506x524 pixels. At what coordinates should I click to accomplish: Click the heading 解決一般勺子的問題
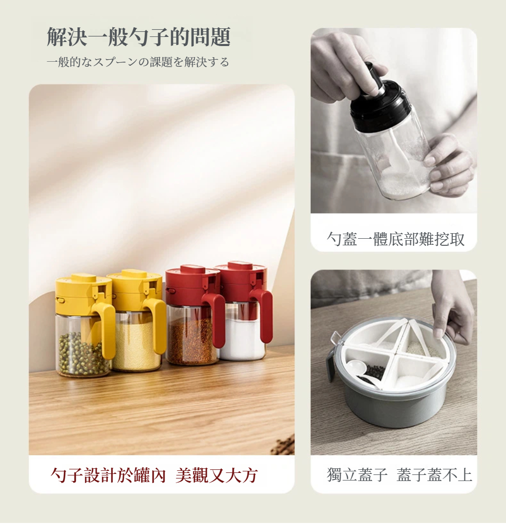click(x=139, y=37)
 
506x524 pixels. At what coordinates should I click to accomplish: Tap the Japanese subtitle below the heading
click(x=138, y=62)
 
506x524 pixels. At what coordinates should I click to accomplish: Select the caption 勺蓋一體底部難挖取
click(x=395, y=239)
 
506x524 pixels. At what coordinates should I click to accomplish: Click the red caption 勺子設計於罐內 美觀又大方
click(x=154, y=475)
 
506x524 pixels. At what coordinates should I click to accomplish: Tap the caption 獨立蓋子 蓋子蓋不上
click(x=399, y=475)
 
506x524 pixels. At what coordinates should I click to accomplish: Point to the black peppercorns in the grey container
click(x=373, y=371)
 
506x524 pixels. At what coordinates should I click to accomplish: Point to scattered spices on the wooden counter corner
click(x=283, y=445)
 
